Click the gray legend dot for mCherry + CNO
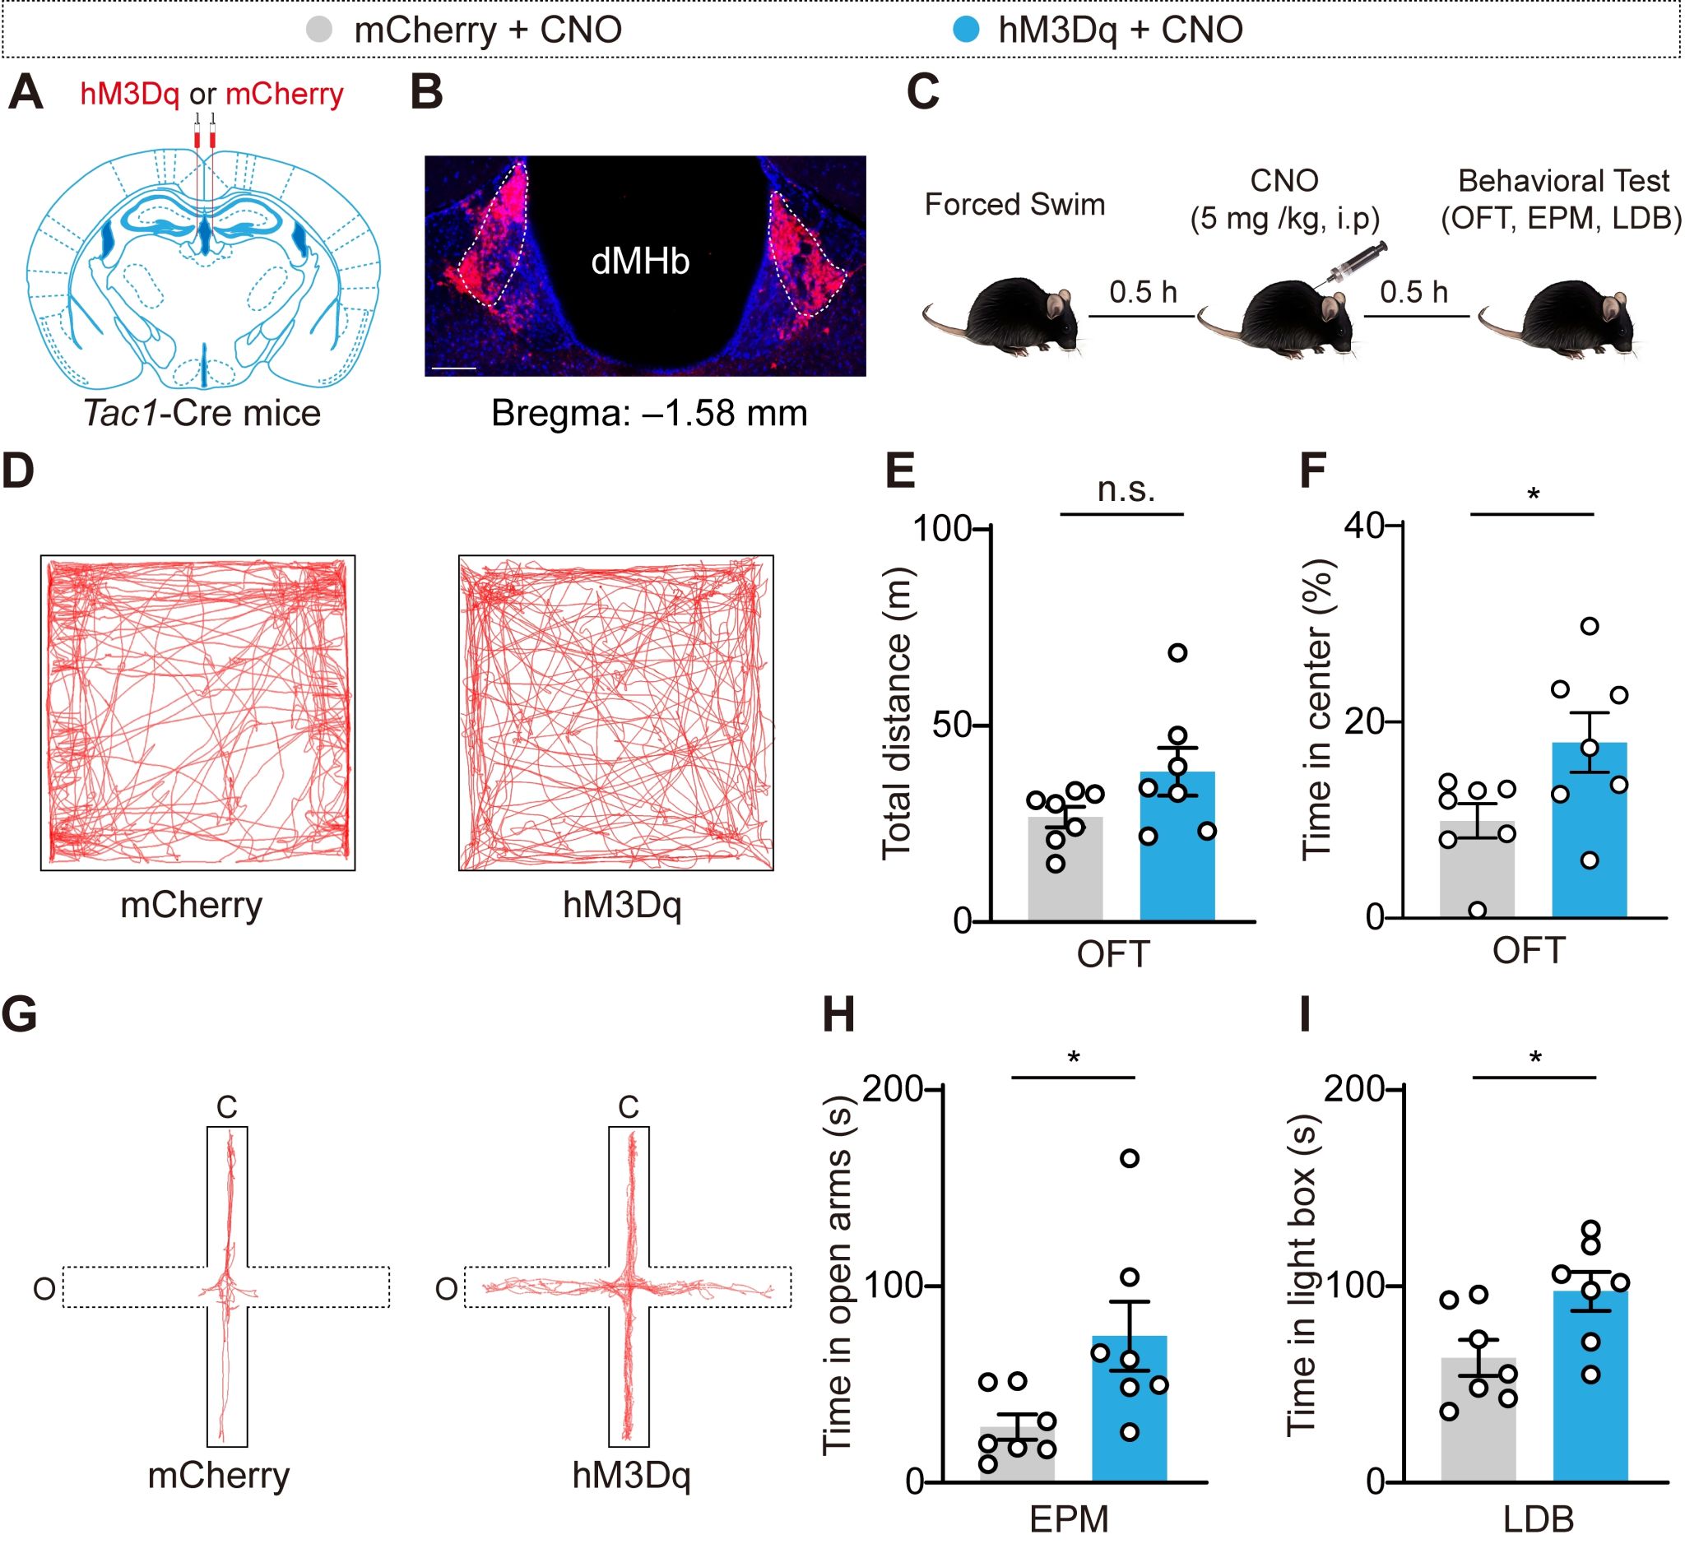tap(318, 30)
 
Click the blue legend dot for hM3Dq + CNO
tap(965, 30)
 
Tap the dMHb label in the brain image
tap(640, 262)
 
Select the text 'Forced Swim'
tap(1014, 204)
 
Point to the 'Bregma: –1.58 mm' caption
tap(648, 413)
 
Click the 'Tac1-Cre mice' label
tap(202, 413)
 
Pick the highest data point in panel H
tap(1129, 1158)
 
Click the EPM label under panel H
tap(1068, 1519)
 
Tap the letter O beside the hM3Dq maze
tap(446, 1289)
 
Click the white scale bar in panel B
tap(454, 369)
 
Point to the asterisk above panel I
tap(1535, 1057)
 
